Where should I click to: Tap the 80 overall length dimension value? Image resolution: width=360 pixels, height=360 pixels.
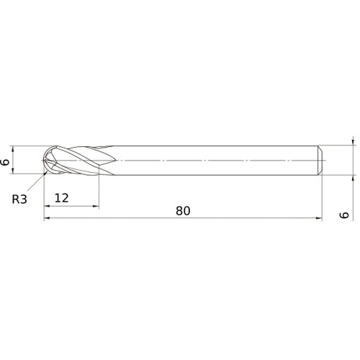click(183, 211)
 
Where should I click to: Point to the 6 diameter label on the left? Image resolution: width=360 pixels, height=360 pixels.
click(6, 161)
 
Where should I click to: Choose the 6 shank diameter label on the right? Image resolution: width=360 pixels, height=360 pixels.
click(344, 215)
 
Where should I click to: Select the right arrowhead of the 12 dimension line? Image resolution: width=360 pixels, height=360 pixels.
click(95, 206)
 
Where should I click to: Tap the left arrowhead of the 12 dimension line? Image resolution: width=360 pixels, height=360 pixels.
click(48, 206)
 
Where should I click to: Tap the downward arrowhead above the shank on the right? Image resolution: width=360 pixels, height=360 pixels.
click(353, 144)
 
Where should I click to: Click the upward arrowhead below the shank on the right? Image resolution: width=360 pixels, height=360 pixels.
click(353, 177)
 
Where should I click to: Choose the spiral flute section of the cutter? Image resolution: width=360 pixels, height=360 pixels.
click(79, 161)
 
